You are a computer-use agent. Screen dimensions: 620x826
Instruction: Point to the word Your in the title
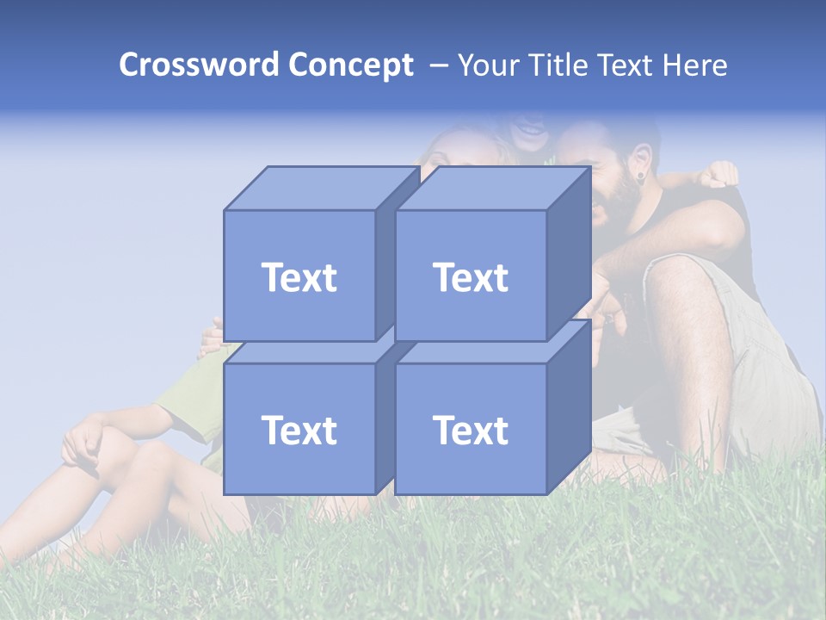coord(490,65)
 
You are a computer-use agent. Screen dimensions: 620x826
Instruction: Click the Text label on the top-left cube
coord(299,278)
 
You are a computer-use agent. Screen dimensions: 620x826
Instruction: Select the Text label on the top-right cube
coord(471,278)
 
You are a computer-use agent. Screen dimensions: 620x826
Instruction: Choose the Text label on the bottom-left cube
coord(299,431)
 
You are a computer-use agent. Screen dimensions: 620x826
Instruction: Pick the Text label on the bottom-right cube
coord(471,431)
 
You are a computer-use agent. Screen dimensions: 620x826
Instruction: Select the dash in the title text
coord(437,65)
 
